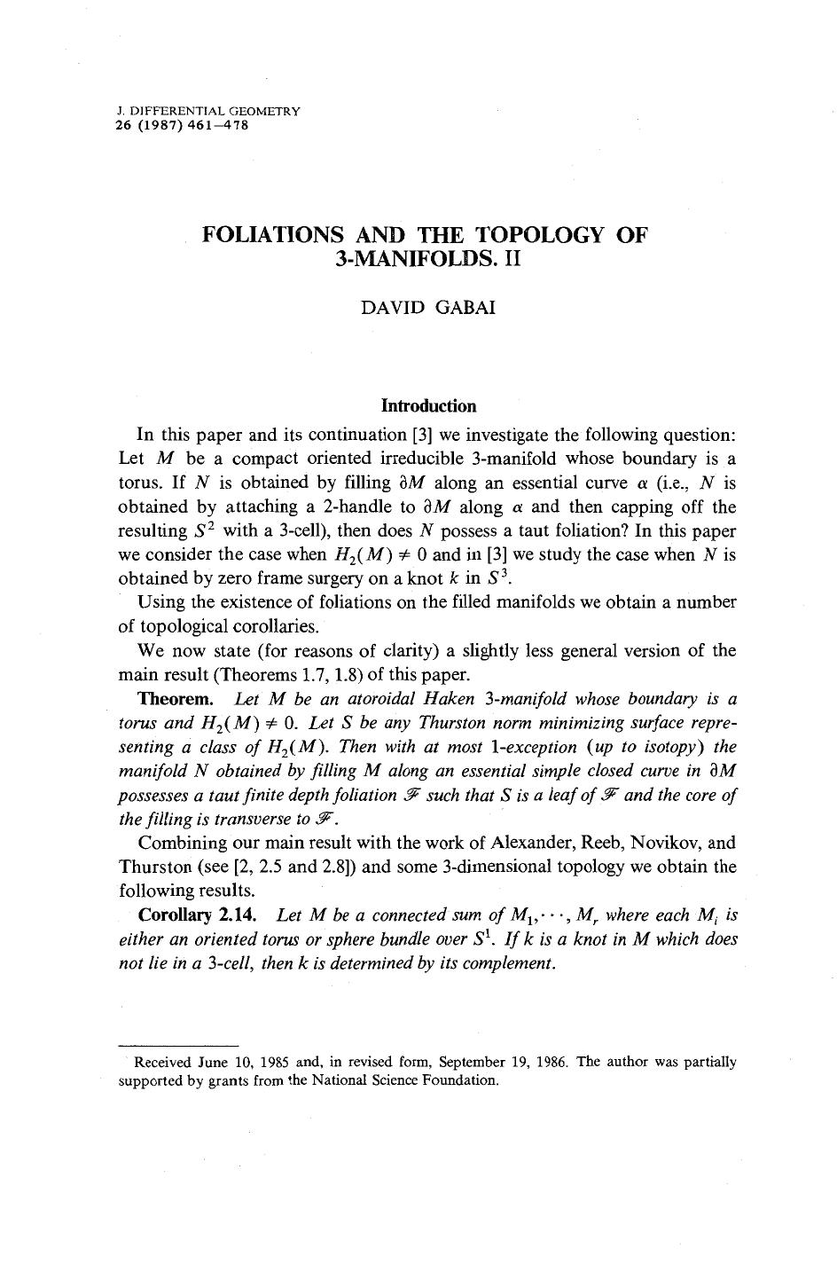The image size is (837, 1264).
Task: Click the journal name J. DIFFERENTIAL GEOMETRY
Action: (209, 112)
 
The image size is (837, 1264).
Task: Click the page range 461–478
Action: (215, 125)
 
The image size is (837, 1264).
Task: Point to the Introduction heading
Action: (428, 406)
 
